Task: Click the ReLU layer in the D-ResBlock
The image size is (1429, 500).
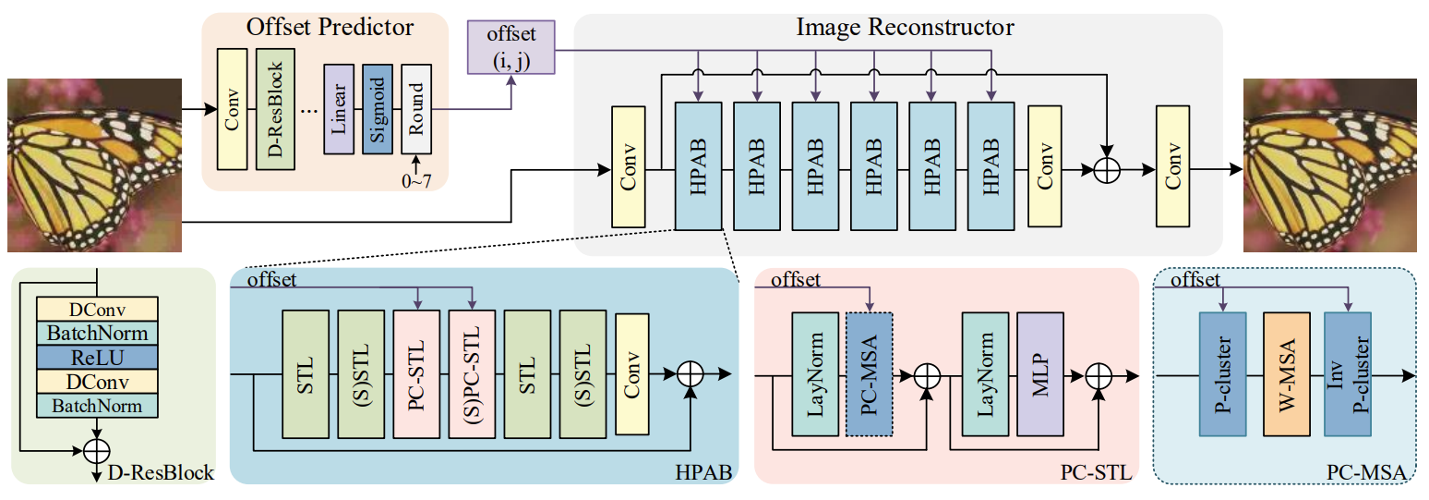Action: coord(97,357)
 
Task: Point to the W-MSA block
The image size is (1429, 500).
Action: coord(1286,374)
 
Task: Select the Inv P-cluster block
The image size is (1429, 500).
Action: coord(1347,374)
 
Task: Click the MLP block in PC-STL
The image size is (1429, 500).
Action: coord(1040,374)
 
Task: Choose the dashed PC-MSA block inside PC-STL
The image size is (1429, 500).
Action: coord(869,374)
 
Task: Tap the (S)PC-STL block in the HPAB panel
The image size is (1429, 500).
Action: coord(472,373)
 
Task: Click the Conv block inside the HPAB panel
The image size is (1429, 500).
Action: coord(632,373)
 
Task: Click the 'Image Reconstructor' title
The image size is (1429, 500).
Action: coord(905,28)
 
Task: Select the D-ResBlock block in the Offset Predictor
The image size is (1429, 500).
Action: coord(275,106)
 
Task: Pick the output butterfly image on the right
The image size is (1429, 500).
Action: coord(1333,165)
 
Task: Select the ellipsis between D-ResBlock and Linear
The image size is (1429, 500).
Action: coord(309,110)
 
